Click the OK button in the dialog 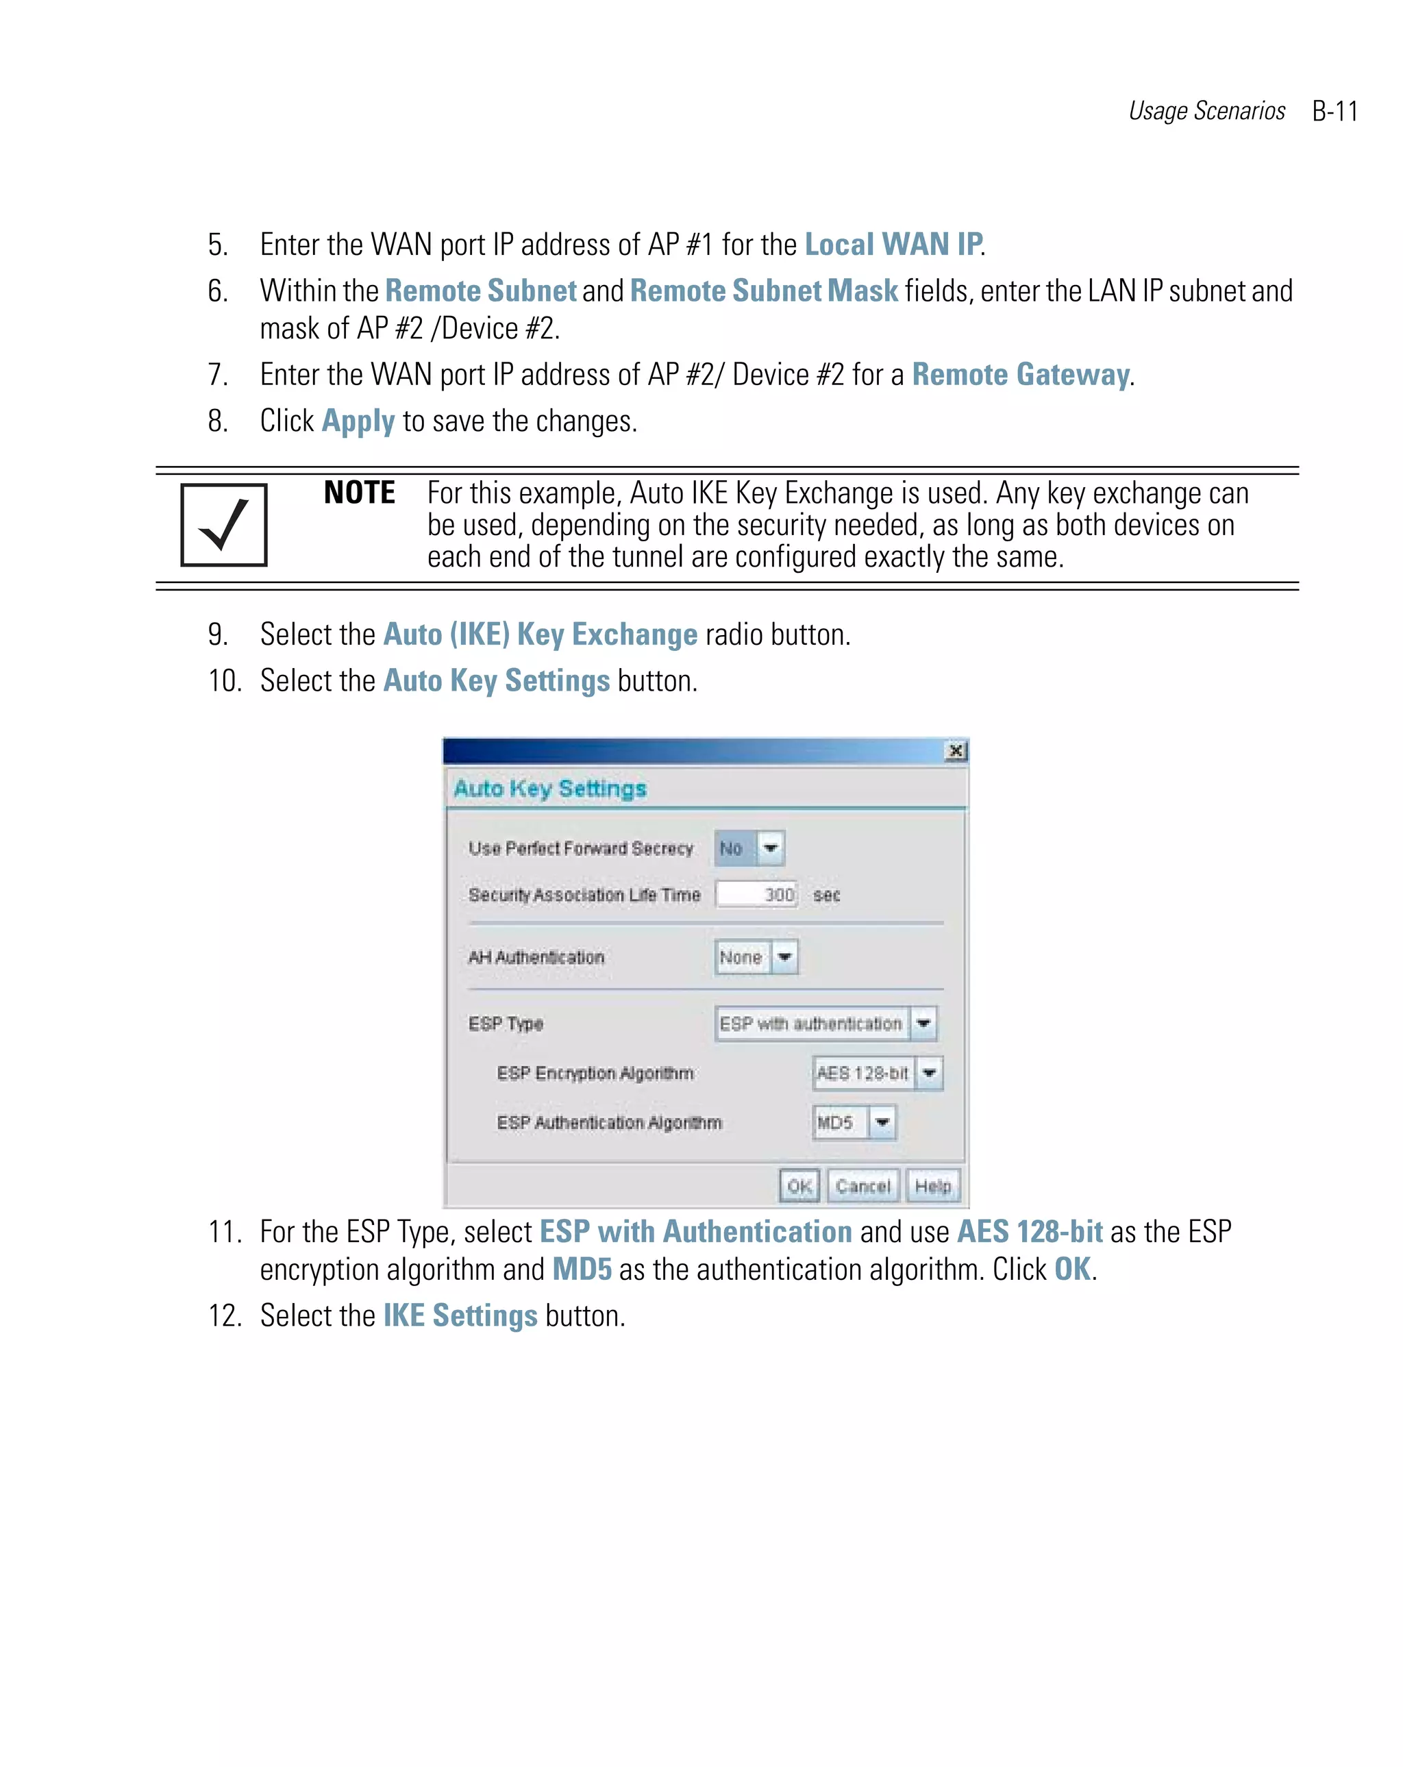tap(797, 1185)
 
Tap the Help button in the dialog tap(932, 1185)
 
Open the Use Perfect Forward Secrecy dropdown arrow tap(769, 848)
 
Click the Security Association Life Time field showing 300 tap(756, 894)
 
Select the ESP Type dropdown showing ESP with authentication tap(824, 1023)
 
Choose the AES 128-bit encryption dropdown tap(877, 1073)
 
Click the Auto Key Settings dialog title tap(549, 789)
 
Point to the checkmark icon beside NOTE tap(223, 525)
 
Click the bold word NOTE tap(359, 493)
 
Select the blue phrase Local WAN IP tap(893, 244)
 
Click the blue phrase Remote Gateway tap(1020, 375)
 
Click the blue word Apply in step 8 tap(358, 421)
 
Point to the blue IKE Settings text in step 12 tap(460, 1315)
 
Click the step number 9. tap(216, 634)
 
